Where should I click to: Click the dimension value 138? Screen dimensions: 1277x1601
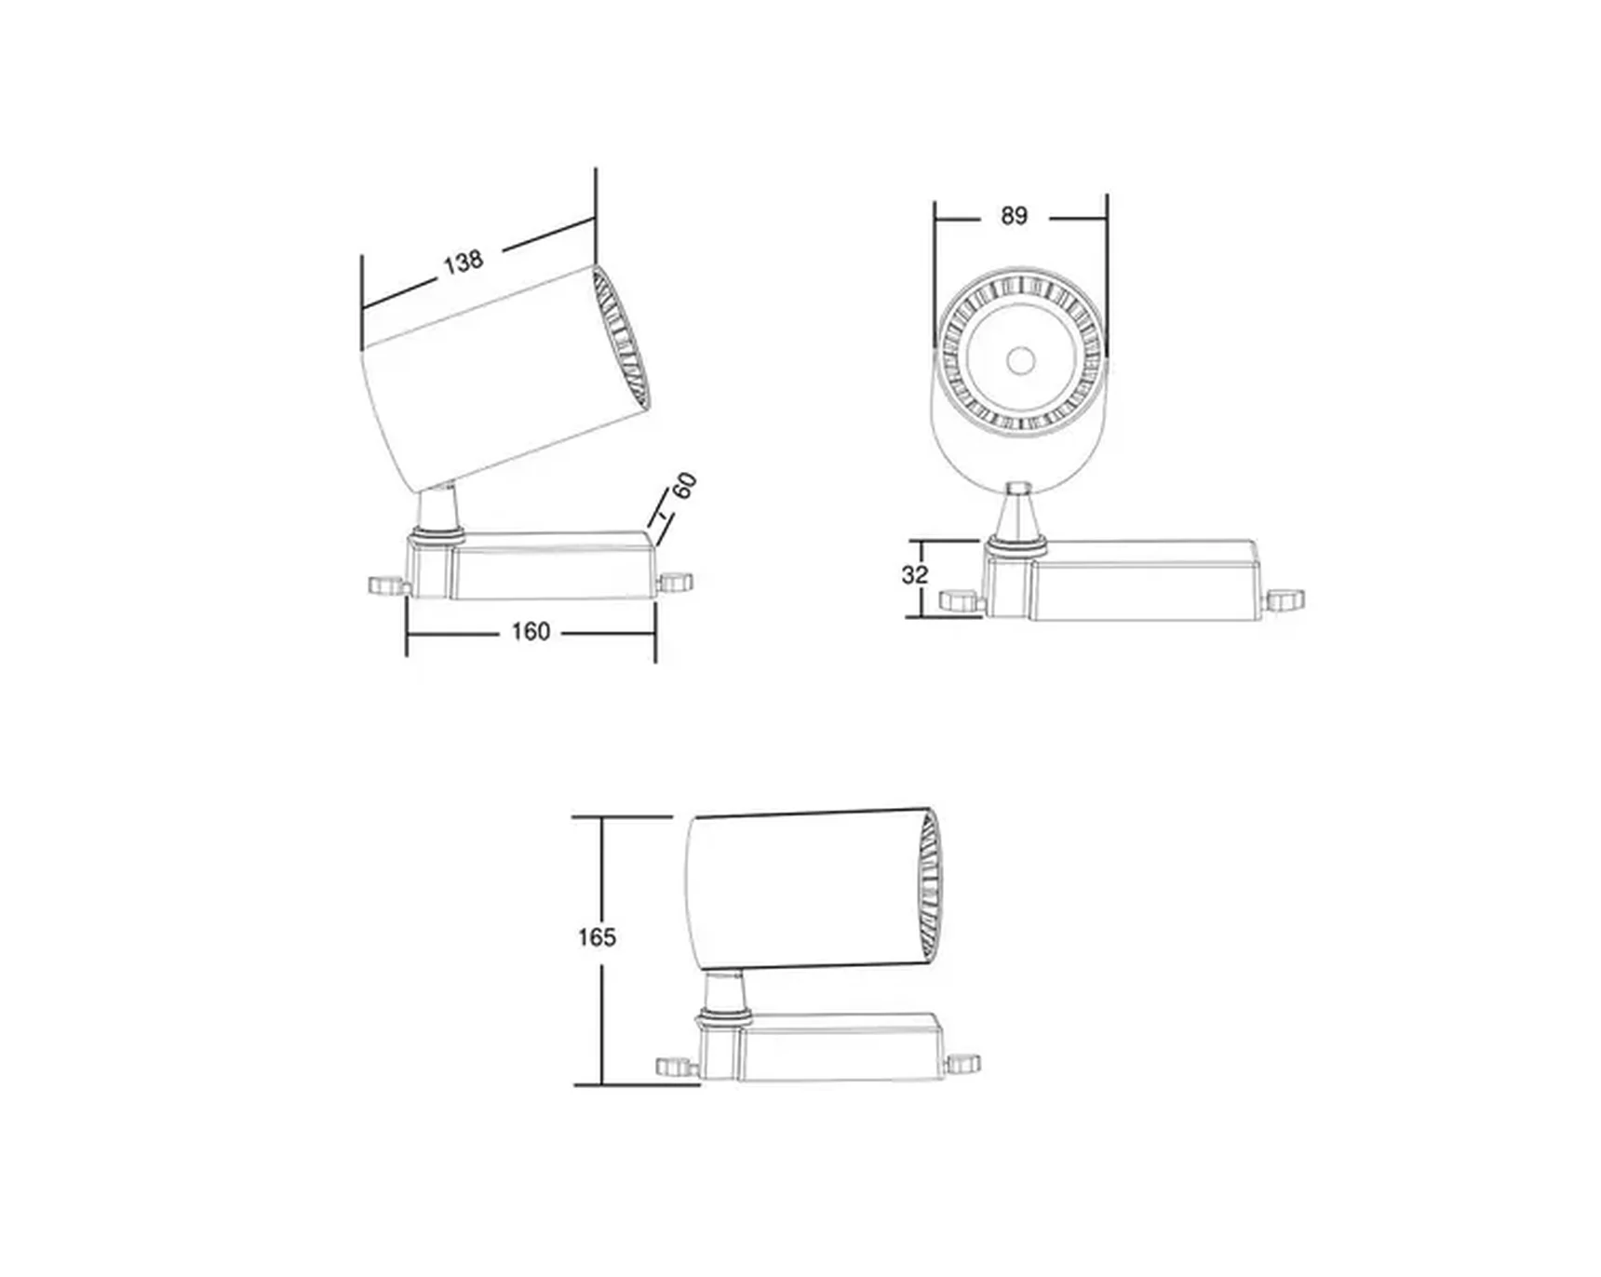(463, 262)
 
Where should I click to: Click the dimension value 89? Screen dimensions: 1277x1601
(1014, 216)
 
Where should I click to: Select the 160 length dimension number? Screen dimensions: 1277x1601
(530, 632)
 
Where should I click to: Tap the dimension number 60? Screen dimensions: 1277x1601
(685, 486)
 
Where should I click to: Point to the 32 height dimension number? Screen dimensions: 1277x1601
(914, 575)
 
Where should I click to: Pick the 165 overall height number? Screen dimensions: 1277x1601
(596, 936)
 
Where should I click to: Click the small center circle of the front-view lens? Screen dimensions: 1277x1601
(1021, 359)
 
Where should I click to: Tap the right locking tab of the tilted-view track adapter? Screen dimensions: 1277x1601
(675, 583)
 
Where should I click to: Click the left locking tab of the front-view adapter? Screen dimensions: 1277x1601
(960, 601)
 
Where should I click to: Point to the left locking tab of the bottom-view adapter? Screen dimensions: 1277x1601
(675, 1067)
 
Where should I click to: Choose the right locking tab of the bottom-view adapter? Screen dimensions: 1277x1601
(963, 1062)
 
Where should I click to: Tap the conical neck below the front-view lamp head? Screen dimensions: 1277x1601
(1018, 514)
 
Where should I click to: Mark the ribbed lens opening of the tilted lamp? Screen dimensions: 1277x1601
(621, 337)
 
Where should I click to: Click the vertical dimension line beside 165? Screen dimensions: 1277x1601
(602, 1024)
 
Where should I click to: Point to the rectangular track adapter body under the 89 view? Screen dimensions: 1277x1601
(1145, 581)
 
